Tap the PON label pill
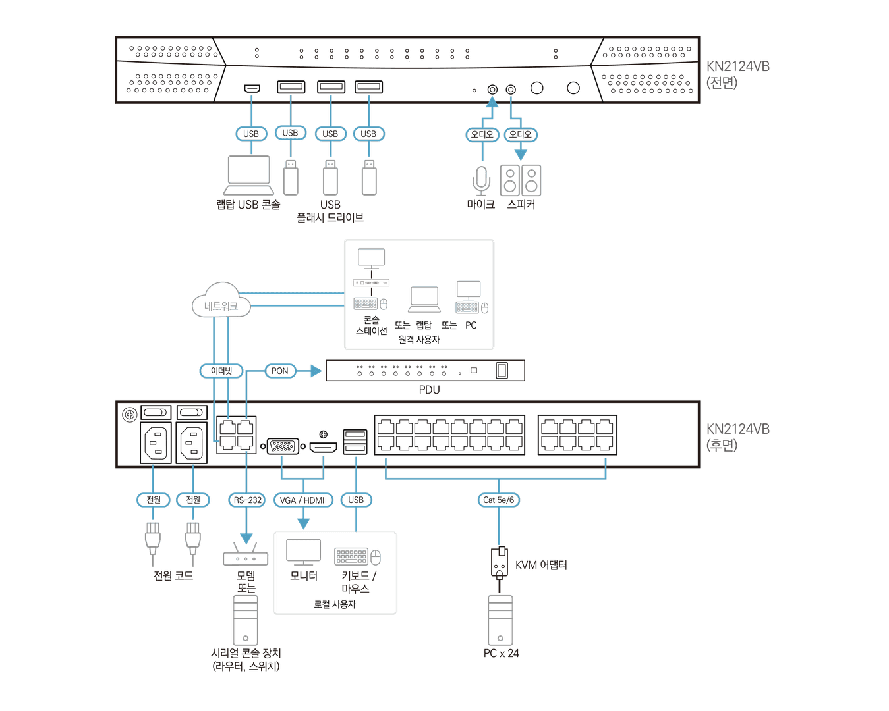[x=279, y=371]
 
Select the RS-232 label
[x=247, y=500]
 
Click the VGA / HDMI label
[x=302, y=500]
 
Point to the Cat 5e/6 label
[x=498, y=500]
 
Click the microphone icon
[x=482, y=180]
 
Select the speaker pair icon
[x=520, y=180]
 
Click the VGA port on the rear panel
[x=283, y=446]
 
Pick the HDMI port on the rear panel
[x=323, y=448]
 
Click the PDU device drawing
[x=425, y=371]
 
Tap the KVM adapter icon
[x=500, y=562]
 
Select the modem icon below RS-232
[x=246, y=557]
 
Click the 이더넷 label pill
[x=221, y=371]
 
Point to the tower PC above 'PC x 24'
[x=500, y=620]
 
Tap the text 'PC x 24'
[x=501, y=653]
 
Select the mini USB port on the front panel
[x=251, y=88]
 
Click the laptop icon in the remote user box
[x=424, y=299]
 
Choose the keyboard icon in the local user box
[x=351, y=556]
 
